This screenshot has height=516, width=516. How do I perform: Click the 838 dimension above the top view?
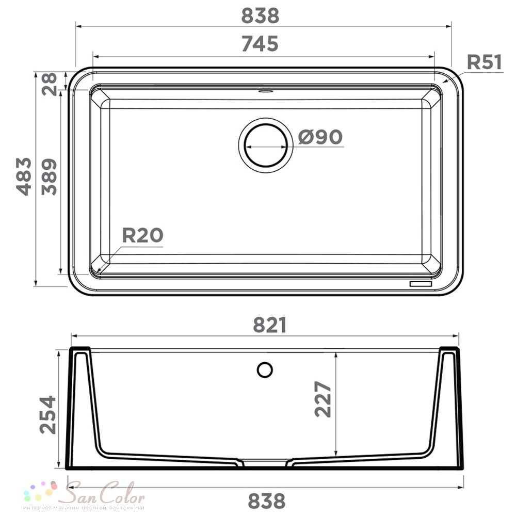(260, 16)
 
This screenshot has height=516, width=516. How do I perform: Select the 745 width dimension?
(260, 43)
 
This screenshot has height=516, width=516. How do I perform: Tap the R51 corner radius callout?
(485, 62)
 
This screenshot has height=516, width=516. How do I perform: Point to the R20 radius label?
(142, 235)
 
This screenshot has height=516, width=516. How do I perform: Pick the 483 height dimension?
(24, 176)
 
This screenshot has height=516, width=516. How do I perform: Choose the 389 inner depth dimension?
(50, 176)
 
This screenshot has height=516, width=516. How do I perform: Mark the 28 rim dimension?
(50, 84)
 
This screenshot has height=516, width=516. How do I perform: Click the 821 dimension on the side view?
(269, 325)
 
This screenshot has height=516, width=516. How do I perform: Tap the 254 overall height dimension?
(47, 414)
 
